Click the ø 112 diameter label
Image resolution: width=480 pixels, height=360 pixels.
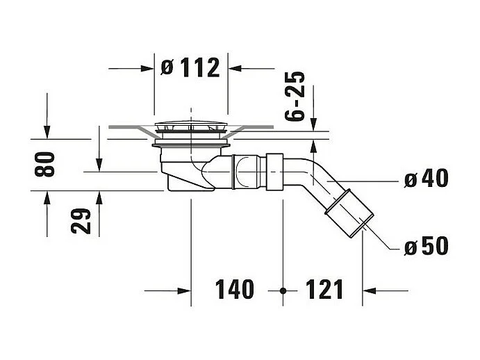tap(190, 67)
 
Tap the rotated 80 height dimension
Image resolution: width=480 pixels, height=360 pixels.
tap(46, 164)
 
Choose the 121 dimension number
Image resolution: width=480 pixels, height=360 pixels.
tap(324, 289)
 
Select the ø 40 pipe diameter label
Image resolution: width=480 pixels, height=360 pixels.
tap(426, 179)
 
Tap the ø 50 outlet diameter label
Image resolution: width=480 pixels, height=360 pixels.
tap(426, 245)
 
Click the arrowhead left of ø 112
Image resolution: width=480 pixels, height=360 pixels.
tap(147, 68)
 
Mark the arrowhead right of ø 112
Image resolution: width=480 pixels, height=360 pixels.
tap(235, 68)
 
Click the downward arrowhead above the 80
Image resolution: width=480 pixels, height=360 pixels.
tap(47, 132)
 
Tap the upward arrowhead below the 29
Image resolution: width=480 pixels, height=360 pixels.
tap(99, 197)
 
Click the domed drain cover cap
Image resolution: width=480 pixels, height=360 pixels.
tap(190, 127)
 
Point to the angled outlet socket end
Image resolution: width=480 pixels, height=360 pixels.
tap(349, 211)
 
